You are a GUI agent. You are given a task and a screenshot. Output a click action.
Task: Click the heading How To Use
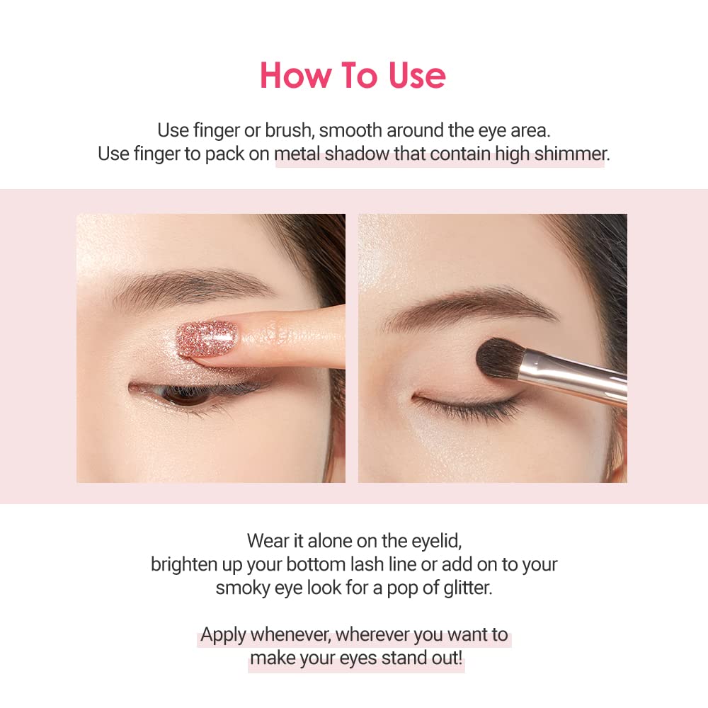(353, 76)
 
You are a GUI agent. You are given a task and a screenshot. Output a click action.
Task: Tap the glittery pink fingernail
(207, 338)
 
